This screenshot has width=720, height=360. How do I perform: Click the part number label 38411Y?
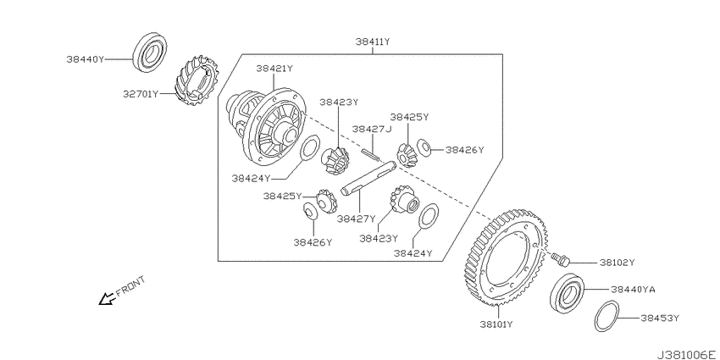point(373,42)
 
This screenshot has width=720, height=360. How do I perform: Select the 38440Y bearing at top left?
point(150,52)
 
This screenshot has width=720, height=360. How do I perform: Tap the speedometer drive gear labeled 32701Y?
point(197,80)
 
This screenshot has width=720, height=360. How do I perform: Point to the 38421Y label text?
point(274,69)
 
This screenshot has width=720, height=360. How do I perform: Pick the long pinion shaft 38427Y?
point(368,178)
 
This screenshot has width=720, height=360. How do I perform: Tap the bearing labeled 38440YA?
point(567,293)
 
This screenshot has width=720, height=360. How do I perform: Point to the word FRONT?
point(130,286)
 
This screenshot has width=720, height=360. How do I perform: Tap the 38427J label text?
point(372,129)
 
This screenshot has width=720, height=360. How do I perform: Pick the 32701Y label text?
point(141,94)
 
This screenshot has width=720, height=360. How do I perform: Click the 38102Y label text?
point(617,263)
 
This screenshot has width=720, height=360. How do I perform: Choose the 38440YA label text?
point(633,290)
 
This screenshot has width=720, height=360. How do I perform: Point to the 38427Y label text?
point(357,219)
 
